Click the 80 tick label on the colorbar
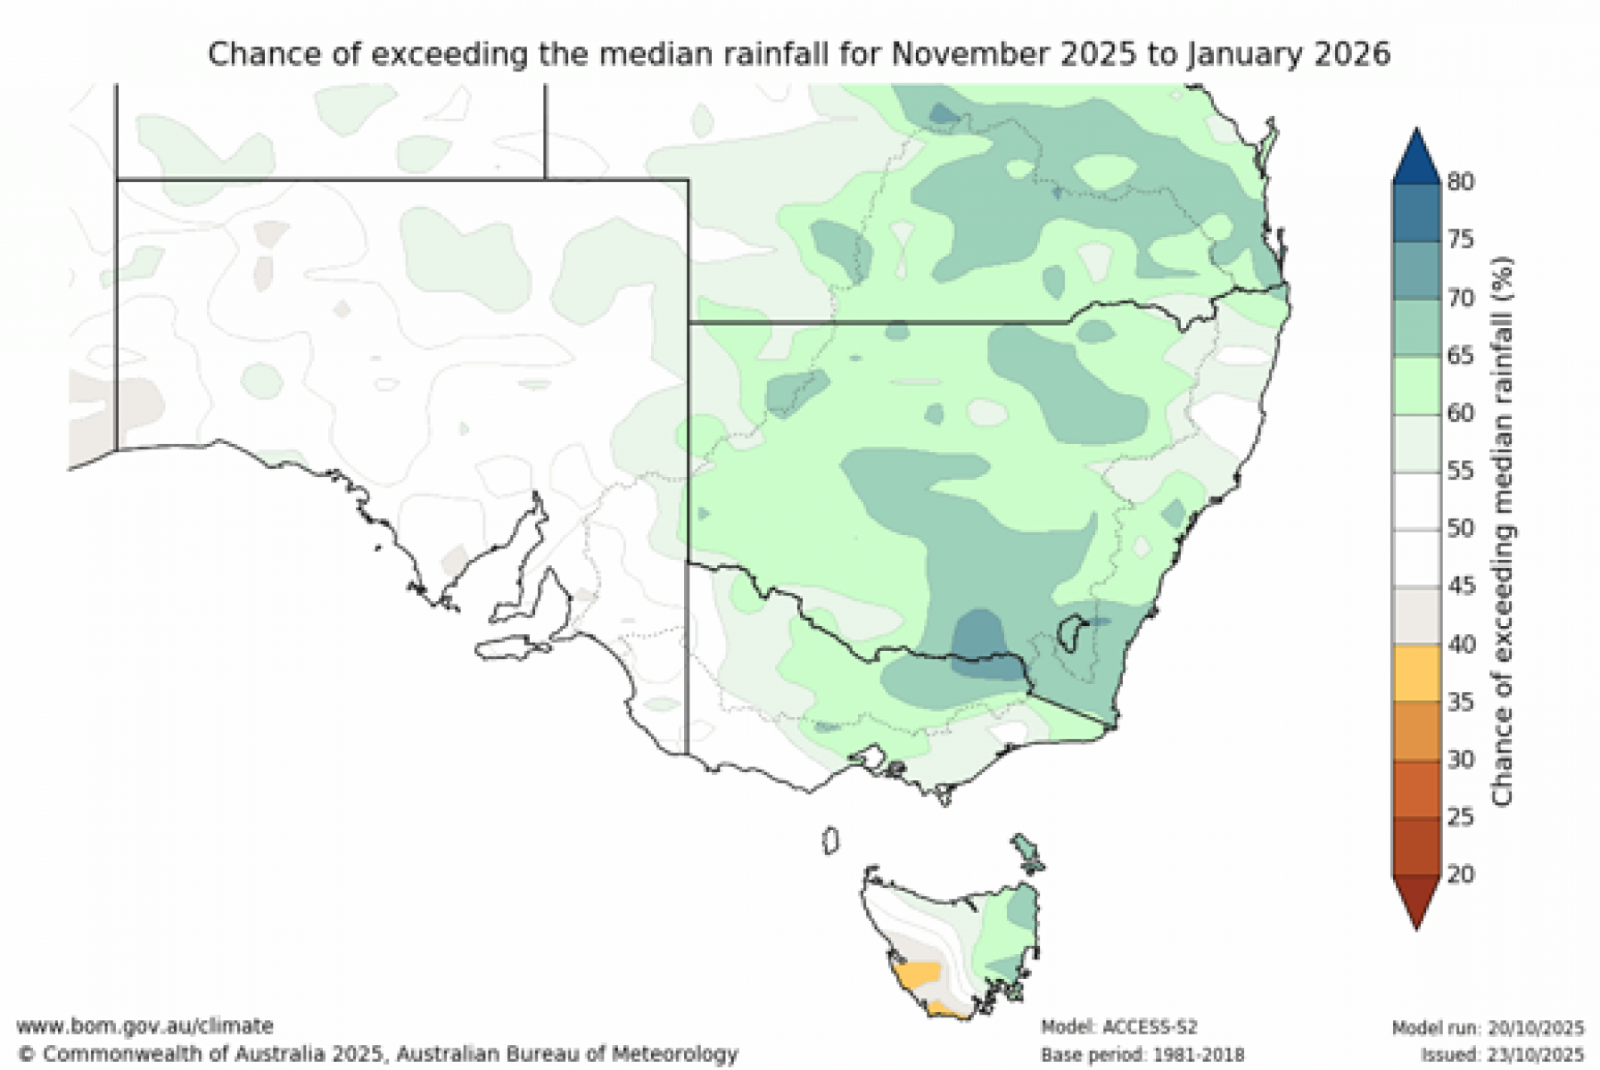click(1460, 182)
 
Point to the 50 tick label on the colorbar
click(1460, 528)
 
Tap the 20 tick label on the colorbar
click(1460, 874)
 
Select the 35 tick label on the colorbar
click(1460, 702)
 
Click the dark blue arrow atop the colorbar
click(1416, 157)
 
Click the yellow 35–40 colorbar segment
click(1416, 673)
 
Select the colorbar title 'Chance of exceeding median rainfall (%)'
click(1503, 531)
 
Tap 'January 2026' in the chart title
click(1287, 53)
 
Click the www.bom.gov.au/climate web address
click(144, 1025)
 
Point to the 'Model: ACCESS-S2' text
click(1118, 1027)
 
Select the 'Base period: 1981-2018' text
click(1142, 1055)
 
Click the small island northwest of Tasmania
click(830, 840)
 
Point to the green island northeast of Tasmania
click(1027, 852)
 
